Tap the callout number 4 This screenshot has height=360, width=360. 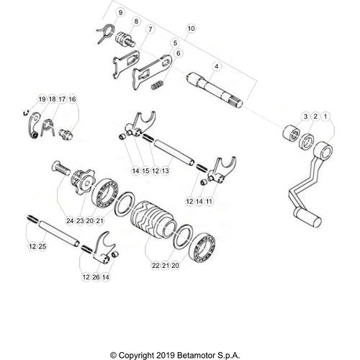click(x=216, y=66)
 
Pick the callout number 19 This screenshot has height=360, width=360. click(x=42, y=99)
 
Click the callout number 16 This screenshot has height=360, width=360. click(x=72, y=99)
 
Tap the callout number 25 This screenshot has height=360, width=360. click(x=42, y=247)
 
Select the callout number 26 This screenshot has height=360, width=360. click(x=96, y=276)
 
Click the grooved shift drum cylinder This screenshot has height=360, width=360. click(x=152, y=214)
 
